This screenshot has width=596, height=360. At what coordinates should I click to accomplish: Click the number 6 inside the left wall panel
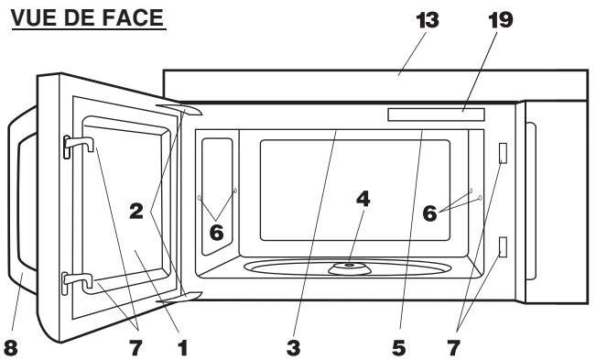pos(216,234)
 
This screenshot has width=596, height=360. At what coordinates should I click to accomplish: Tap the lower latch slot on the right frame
pos(503,245)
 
